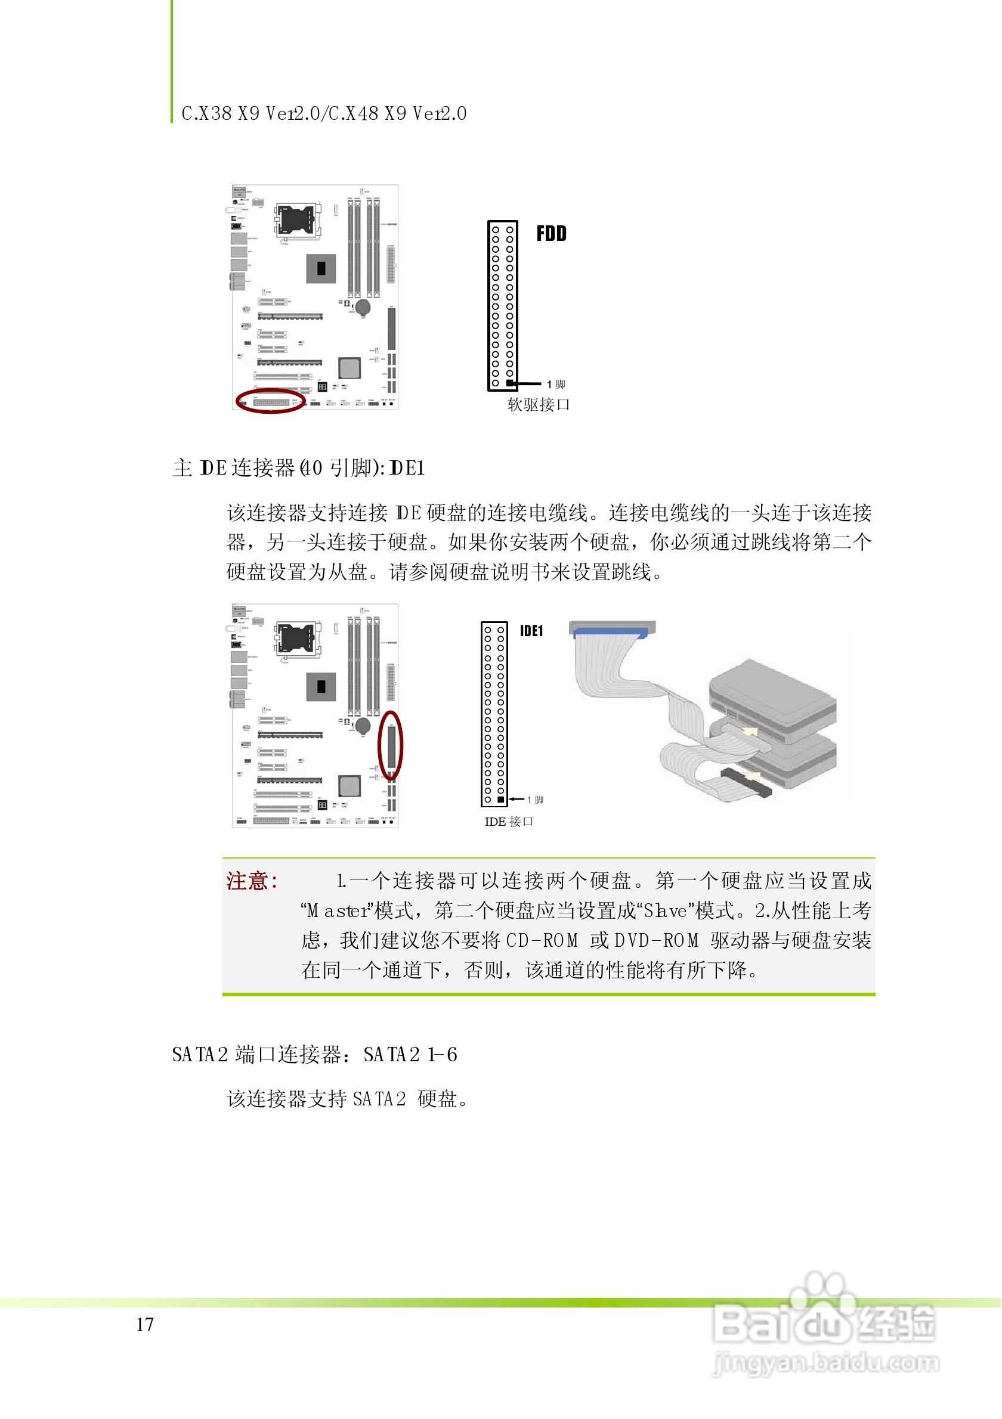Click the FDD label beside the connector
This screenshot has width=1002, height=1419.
(x=551, y=234)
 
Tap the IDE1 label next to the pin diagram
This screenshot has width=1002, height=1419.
(x=531, y=631)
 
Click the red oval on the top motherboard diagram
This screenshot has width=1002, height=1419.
(x=270, y=401)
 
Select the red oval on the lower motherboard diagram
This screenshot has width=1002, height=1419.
(x=391, y=745)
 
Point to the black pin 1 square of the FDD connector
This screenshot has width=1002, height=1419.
(x=510, y=384)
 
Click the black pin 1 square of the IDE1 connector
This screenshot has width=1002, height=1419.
(x=500, y=800)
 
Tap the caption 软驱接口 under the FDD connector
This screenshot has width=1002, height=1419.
(x=539, y=405)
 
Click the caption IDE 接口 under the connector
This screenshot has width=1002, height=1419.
(x=509, y=822)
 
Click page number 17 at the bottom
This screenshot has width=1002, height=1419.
(x=146, y=1324)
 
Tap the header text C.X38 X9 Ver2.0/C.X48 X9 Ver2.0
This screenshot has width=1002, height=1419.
(x=324, y=114)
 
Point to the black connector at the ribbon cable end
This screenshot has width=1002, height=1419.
(x=746, y=782)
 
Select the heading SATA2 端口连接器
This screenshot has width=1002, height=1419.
(x=256, y=1055)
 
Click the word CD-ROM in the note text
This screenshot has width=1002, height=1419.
(x=542, y=941)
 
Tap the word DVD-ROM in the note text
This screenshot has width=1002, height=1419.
(x=657, y=941)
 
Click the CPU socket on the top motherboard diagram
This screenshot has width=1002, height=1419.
(x=299, y=219)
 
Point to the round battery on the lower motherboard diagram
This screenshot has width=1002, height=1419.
(x=363, y=724)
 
